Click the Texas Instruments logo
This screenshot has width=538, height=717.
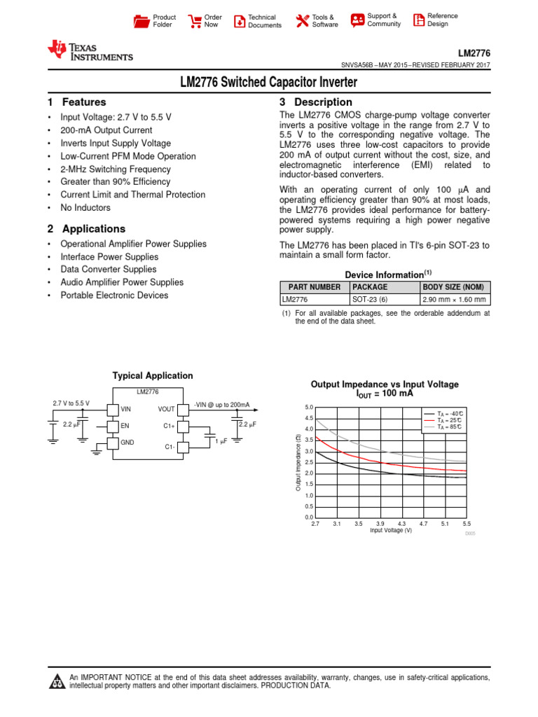click(90, 50)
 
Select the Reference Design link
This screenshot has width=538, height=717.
click(442, 20)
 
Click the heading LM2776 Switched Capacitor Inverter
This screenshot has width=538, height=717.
click(269, 83)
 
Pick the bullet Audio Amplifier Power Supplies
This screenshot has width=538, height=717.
click(122, 283)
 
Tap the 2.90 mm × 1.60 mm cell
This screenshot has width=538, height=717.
click(453, 299)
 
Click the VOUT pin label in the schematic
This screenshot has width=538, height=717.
click(166, 410)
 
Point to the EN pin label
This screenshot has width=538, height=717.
click(125, 426)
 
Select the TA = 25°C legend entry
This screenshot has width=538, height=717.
click(449, 420)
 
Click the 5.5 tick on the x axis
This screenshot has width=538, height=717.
click(467, 524)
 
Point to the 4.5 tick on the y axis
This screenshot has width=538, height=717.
click(309, 418)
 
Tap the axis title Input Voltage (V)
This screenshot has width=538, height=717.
click(391, 531)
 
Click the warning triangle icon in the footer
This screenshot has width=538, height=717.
click(57, 682)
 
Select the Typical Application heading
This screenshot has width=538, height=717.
click(153, 376)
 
